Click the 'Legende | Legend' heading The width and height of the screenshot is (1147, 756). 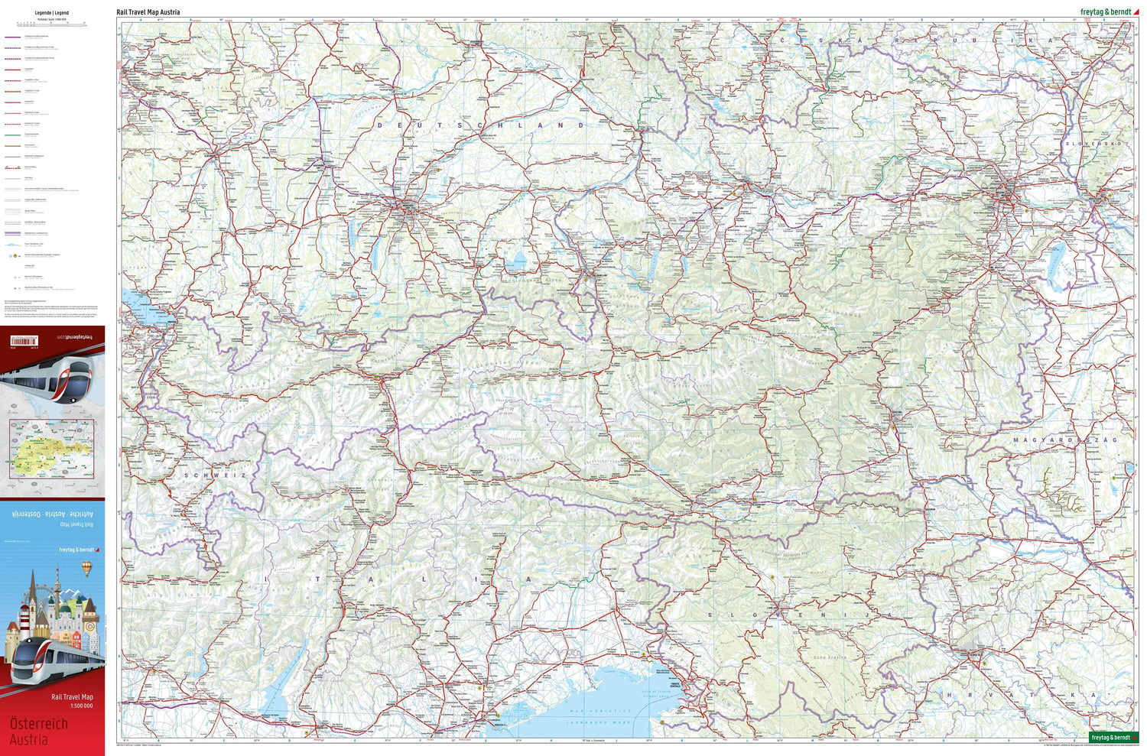click(52, 13)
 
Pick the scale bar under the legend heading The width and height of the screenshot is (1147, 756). click(52, 24)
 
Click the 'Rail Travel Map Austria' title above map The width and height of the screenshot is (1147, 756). click(148, 12)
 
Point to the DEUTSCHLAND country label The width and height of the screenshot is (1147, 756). click(481, 125)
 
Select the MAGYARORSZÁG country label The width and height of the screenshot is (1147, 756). click(1064, 440)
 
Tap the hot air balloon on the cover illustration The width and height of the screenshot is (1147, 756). click(86, 567)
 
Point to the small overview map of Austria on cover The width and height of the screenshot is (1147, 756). click(52, 448)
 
